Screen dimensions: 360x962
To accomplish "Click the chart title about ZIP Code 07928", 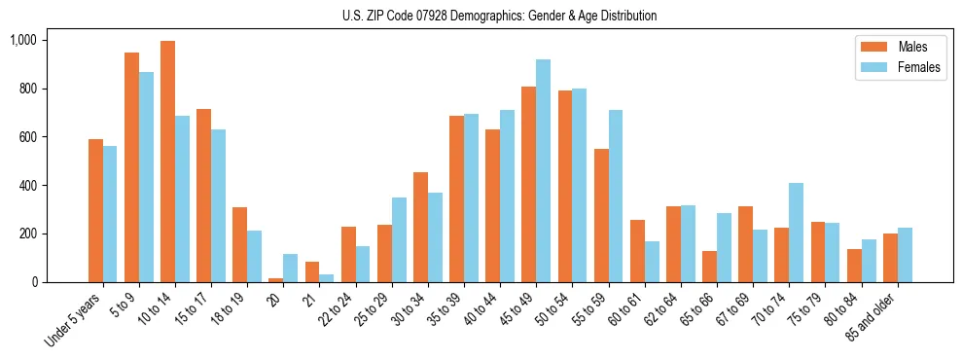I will pyautogui.click(x=499, y=16).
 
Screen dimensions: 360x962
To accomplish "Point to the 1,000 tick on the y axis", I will pyautogui.click(x=22, y=40).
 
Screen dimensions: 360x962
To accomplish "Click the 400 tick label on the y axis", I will pyautogui.click(x=26, y=185).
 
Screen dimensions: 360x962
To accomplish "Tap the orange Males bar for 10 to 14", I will pyautogui.click(x=168, y=162).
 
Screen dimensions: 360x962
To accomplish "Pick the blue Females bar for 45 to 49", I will pyautogui.click(x=544, y=171).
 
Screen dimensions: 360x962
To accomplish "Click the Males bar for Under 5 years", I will pyautogui.click(x=95, y=210).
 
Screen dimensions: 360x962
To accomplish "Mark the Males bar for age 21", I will pyautogui.click(x=312, y=272).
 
